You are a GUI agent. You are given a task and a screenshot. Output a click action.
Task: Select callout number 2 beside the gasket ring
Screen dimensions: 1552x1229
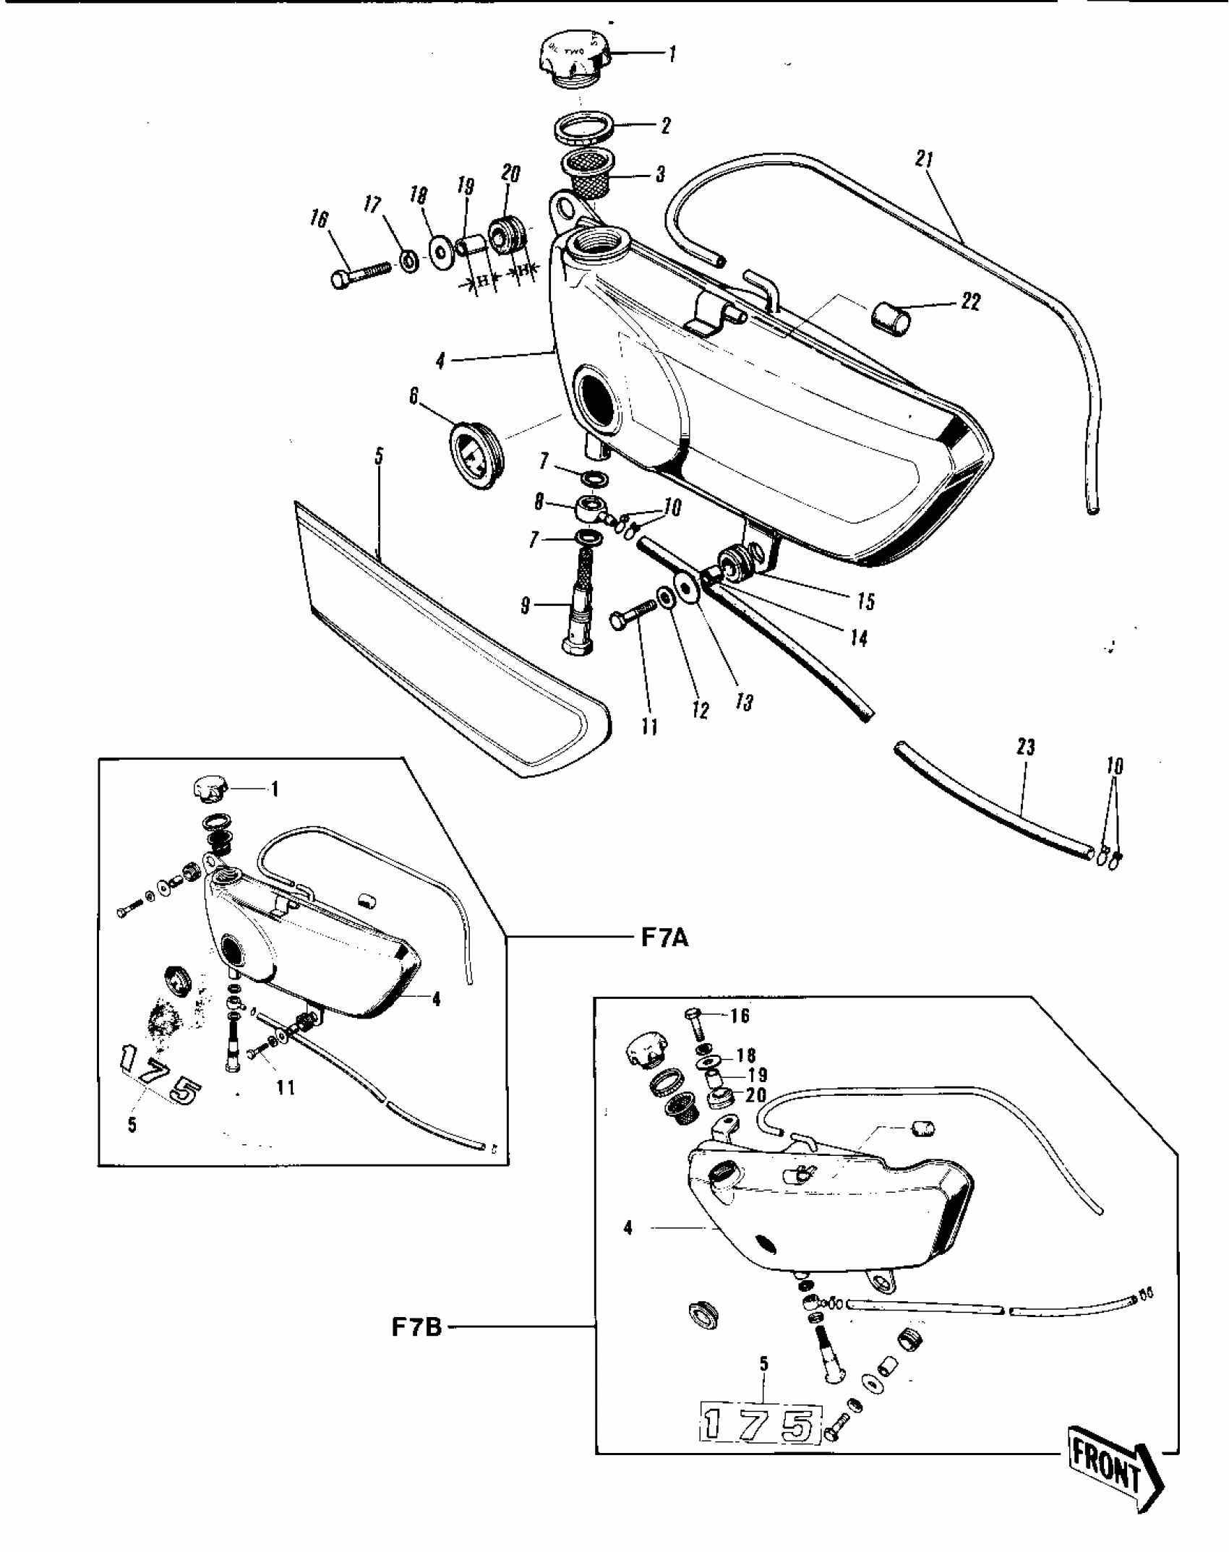(x=665, y=125)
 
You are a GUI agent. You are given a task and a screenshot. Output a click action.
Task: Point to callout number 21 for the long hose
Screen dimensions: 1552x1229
(x=925, y=160)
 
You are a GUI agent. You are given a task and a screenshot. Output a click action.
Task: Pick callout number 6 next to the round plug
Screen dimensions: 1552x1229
(x=414, y=396)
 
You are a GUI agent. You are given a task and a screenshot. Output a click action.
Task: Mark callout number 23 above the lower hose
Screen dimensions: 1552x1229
(x=1025, y=747)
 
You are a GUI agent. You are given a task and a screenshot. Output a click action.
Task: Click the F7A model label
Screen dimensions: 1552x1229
(x=664, y=938)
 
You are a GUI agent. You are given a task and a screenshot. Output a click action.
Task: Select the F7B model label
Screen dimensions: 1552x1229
(x=416, y=1328)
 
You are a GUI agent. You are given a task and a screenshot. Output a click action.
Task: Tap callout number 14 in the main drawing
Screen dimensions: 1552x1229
(x=858, y=638)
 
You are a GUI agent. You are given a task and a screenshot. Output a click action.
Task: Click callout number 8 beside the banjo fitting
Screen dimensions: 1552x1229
(x=539, y=502)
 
